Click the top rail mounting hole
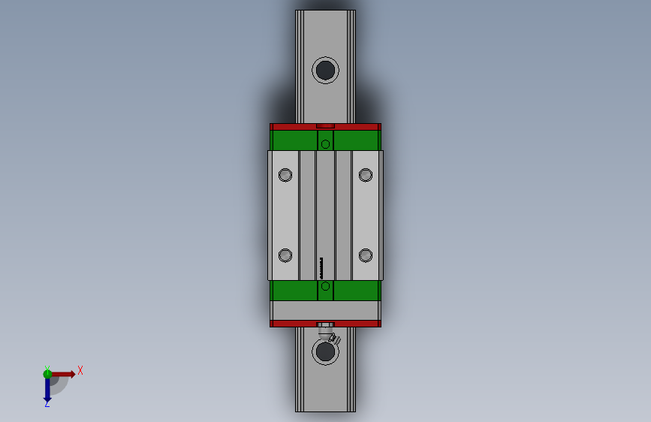click(x=325, y=70)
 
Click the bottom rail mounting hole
click(x=325, y=351)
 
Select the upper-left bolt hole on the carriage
click(x=285, y=175)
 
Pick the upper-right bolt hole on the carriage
click(x=366, y=175)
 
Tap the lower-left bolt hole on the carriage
click(x=285, y=255)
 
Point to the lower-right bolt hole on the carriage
click(x=366, y=255)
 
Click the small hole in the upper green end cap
click(x=325, y=143)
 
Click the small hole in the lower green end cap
click(x=325, y=286)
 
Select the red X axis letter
click(x=80, y=370)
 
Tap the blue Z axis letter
click(x=47, y=403)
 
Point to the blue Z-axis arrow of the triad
click(x=47, y=388)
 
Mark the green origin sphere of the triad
click(x=47, y=372)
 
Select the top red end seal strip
click(x=293, y=126)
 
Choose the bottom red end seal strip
click(x=293, y=324)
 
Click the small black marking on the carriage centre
click(x=322, y=265)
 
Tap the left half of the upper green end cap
click(x=294, y=140)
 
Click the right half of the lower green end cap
click(x=357, y=290)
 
